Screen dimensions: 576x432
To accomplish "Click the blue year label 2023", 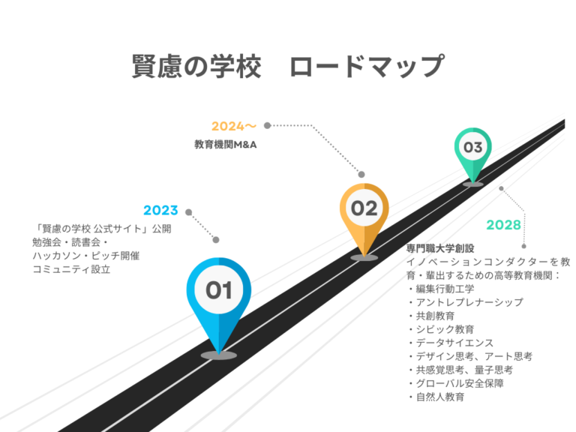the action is (160, 211).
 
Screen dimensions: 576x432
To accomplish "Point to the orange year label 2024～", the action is (234, 126).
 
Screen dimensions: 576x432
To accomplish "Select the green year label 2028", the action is (503, 225).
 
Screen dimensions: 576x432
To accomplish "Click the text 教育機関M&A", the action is (225, 144).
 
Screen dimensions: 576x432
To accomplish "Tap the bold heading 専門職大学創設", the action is (440, 249).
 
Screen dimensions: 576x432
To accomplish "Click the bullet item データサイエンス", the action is (454, 343).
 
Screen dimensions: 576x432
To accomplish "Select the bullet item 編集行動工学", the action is (445, 289).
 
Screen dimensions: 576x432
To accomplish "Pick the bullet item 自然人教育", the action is (439, 397).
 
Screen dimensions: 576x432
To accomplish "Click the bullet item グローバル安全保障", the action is (459, 383).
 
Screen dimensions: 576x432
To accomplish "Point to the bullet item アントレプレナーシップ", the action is (469, 302).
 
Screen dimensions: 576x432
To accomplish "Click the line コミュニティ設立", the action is (71, 269).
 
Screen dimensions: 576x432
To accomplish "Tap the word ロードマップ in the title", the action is (367, 66).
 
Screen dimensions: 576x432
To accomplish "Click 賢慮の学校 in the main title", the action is (196, 66).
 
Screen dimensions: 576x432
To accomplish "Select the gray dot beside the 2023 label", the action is (189, 212).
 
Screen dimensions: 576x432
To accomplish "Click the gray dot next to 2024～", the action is (268, 126).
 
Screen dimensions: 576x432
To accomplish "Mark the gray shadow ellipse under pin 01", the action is (218, 355).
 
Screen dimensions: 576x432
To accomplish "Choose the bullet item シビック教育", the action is (445, 329).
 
